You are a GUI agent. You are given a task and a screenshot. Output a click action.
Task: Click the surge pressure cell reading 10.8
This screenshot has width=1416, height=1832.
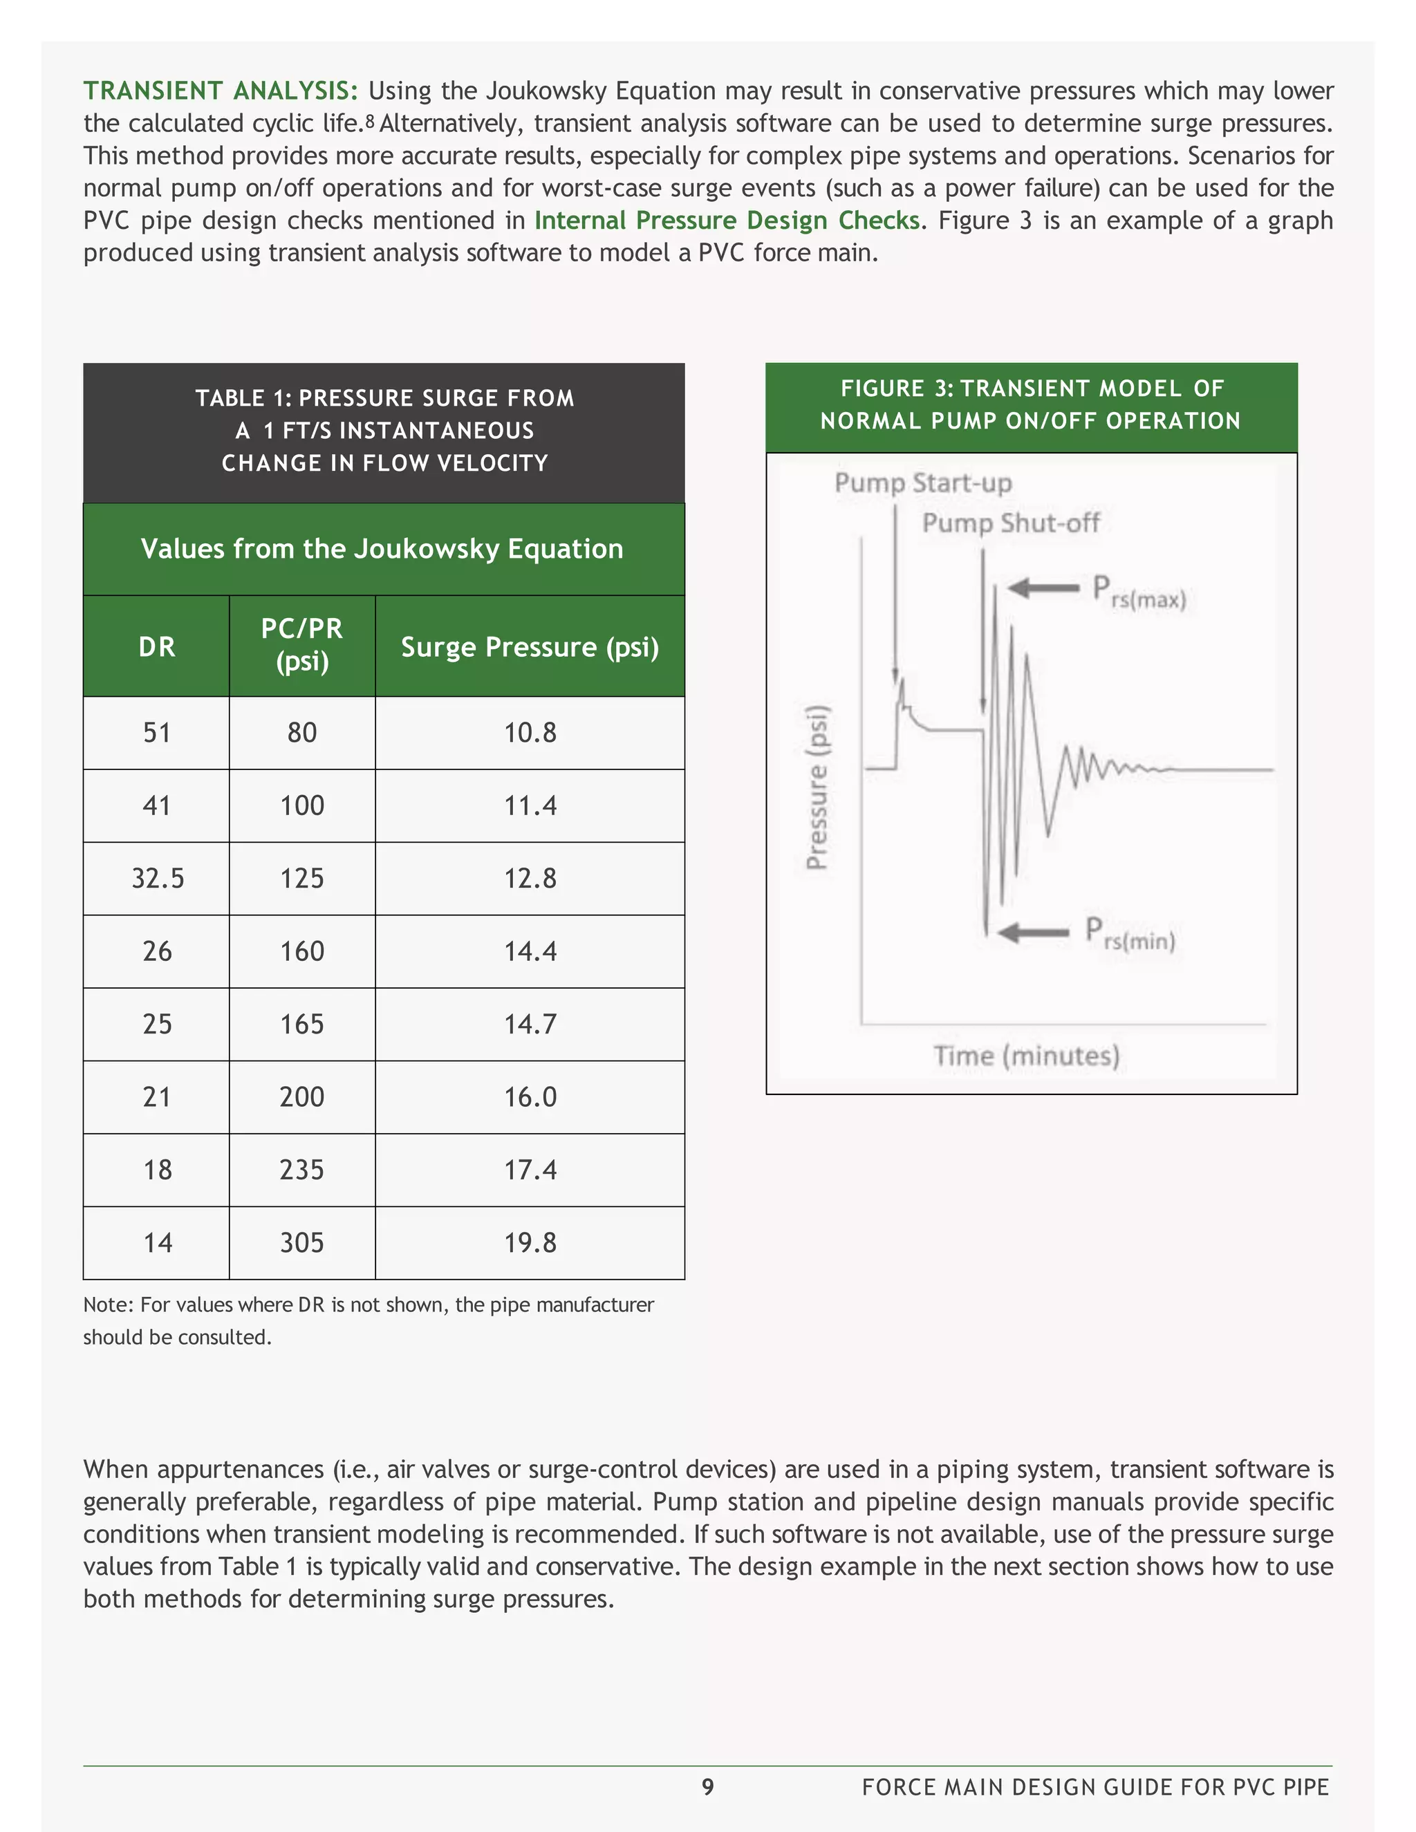tap(530, 732)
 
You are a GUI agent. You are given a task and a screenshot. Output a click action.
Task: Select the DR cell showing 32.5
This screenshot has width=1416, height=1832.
tap(157, 878)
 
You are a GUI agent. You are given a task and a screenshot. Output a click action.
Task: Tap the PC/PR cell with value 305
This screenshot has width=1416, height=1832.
tap(302, 1242)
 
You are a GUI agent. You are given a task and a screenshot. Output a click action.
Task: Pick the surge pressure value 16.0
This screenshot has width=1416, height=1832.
tap(530, 1096)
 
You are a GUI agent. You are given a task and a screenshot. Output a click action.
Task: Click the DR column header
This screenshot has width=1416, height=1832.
tap(157, 647)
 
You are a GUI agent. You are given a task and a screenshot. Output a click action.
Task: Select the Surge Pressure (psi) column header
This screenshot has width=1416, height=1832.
tap(530, 647)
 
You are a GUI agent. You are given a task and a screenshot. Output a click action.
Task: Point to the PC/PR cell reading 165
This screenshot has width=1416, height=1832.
tap(302, 1025)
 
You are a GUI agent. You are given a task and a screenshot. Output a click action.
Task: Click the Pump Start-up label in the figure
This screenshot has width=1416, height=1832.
tap(923, 483)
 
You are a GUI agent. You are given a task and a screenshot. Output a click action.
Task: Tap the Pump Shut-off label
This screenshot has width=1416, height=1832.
tap(1010, 523)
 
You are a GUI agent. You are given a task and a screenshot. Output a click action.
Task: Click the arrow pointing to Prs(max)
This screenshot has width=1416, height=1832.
tap(1043, 588)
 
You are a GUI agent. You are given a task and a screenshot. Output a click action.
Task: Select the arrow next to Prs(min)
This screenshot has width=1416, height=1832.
tap(1034, 932)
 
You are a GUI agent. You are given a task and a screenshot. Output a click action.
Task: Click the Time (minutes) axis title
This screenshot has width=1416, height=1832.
tap(1026, 1055)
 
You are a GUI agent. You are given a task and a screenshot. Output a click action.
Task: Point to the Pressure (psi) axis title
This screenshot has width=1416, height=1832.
tap(817, 787)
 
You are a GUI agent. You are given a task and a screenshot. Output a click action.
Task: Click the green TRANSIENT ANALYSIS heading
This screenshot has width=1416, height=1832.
tap(221, 91)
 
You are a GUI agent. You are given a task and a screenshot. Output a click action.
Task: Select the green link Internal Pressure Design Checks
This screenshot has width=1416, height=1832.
tap(727, 221)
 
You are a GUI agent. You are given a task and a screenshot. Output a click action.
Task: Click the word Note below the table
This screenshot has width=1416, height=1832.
tap(107, 1305)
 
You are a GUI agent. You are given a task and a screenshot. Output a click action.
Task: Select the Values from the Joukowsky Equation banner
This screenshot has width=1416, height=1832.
tap(382, 549)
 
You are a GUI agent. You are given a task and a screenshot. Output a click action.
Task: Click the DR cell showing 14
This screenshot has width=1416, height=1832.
tap(157, 1242)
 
